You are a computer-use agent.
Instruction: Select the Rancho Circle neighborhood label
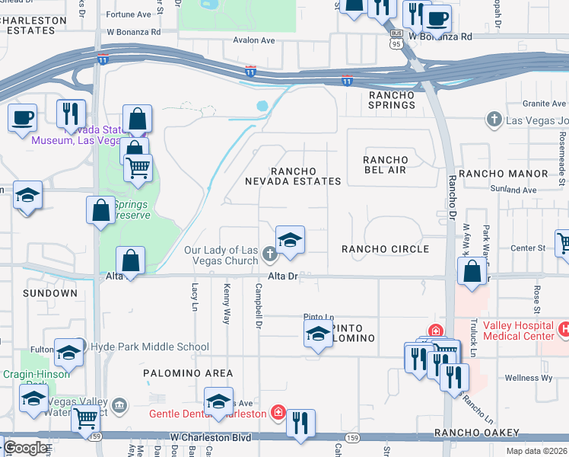point(385,249)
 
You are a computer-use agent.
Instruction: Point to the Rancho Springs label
point(392,100)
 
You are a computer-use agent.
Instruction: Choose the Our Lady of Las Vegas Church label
point(221,256)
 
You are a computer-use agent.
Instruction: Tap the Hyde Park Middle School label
point(149,347)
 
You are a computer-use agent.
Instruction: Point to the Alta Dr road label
point(281,276)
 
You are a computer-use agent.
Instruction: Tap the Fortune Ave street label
point(129,14)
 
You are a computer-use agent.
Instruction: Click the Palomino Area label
point(188,373)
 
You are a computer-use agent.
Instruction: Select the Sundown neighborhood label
point(50,293)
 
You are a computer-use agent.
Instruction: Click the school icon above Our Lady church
point(290,241)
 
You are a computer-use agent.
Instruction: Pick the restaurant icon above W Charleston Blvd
point(301,423)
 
